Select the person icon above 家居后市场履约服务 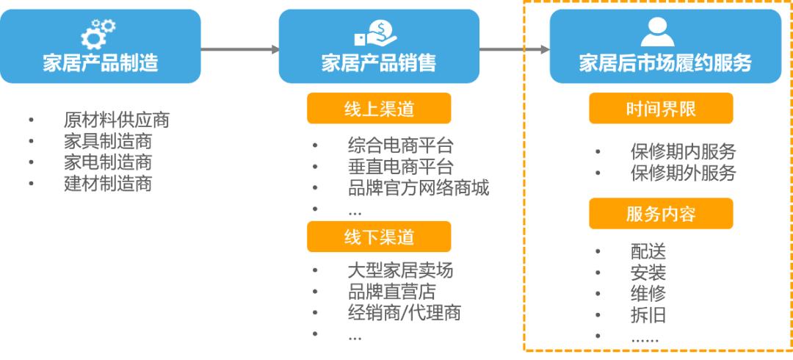click(656, 31)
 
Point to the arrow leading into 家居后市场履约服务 click(514, 49)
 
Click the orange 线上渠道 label click(378, 109)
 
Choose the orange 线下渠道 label click(378, 237)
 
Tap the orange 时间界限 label click(661, 109)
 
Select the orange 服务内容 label click(661, 214)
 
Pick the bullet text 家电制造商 click(107, 162)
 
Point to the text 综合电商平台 click(400, 145)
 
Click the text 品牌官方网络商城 click(419, 188)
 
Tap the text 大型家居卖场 click(400, 271)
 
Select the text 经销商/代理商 click(405, 313)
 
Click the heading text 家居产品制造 click(101, 62)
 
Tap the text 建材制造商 click(107, 184)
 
